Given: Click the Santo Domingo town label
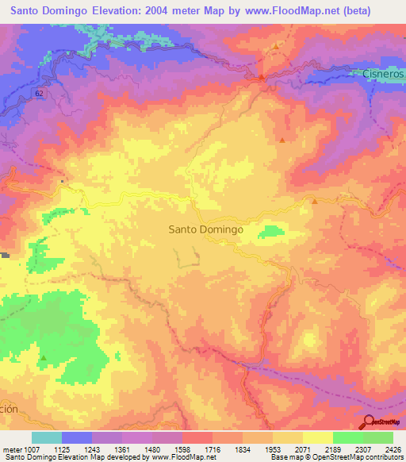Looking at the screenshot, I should pos(205,229).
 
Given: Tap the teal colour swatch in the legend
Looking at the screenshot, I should pos(47,437).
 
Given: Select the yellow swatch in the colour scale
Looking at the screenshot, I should pos(317,437).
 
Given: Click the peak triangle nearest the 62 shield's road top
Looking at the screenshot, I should pos(276,46).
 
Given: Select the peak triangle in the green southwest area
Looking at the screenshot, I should pos(44,358).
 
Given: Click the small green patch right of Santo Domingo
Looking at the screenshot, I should pos(272,231).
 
